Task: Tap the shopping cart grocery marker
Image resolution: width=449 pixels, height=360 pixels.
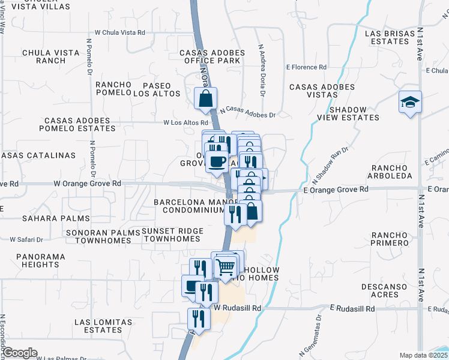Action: (x=226, y=267)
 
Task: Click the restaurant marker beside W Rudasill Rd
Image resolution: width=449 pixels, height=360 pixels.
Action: (x=199, y=319)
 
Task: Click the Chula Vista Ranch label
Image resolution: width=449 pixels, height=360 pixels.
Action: (x=51, y=56)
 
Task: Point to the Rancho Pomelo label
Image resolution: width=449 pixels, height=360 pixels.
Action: (x=113, y=88)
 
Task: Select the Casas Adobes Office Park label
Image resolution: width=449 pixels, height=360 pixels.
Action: (x=212, y=56)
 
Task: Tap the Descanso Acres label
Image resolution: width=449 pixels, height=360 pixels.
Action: (x=385, y=290)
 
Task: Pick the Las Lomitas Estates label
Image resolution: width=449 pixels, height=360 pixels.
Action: (x=99, y=326)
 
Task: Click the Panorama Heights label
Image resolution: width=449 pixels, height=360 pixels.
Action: (x=41, y=260)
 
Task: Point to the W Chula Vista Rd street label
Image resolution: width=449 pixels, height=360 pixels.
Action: (x=120, y=32)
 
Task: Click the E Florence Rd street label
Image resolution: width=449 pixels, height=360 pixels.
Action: (x=306, y=67)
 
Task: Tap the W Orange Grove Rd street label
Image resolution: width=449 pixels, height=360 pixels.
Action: (x=88, y=183)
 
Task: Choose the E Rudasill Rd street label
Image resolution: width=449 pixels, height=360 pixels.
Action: (x=352, y=308)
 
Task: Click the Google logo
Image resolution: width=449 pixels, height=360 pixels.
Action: (x=20, y=353)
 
